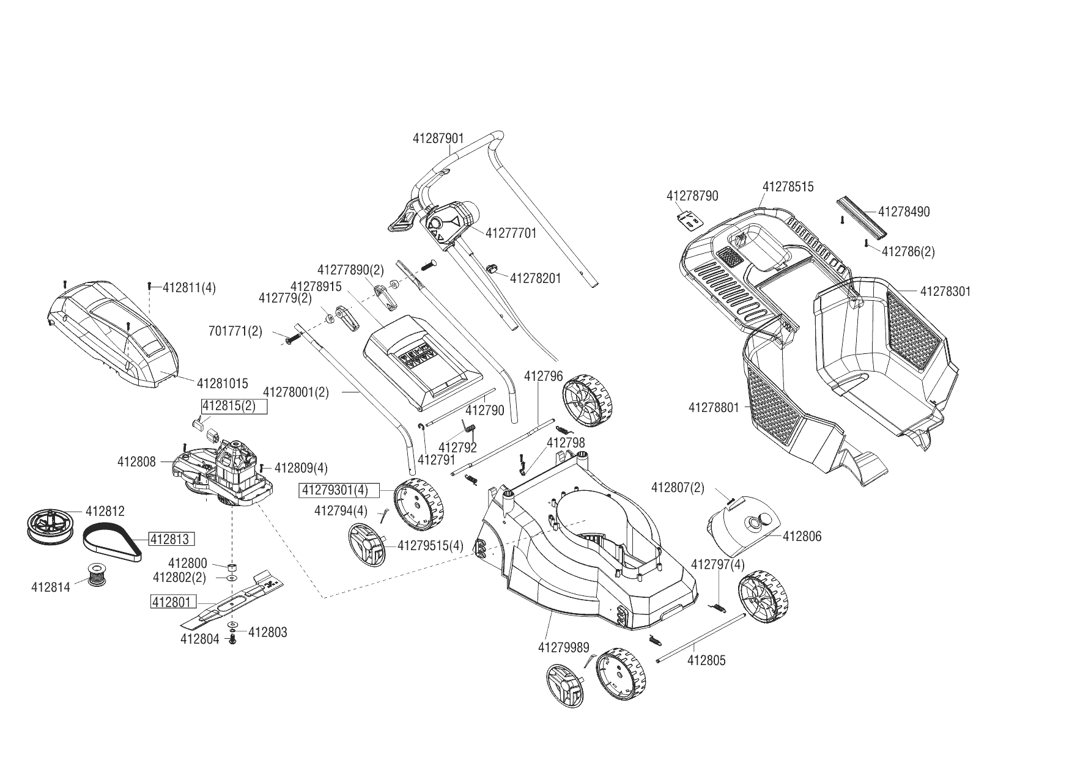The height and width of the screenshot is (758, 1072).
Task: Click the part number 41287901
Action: [438, 139]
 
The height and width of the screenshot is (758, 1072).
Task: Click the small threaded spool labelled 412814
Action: [95, 575]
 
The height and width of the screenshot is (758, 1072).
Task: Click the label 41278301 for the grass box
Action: [945, 292]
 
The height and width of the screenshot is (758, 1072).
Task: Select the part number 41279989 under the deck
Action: [563, 647]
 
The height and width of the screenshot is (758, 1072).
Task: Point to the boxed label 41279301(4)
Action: [339, 490]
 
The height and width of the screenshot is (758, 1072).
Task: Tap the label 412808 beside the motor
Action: [136, 462]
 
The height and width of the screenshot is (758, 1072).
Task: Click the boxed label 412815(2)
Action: [234, 407]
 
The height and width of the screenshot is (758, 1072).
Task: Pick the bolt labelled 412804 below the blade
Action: [232, 640]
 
